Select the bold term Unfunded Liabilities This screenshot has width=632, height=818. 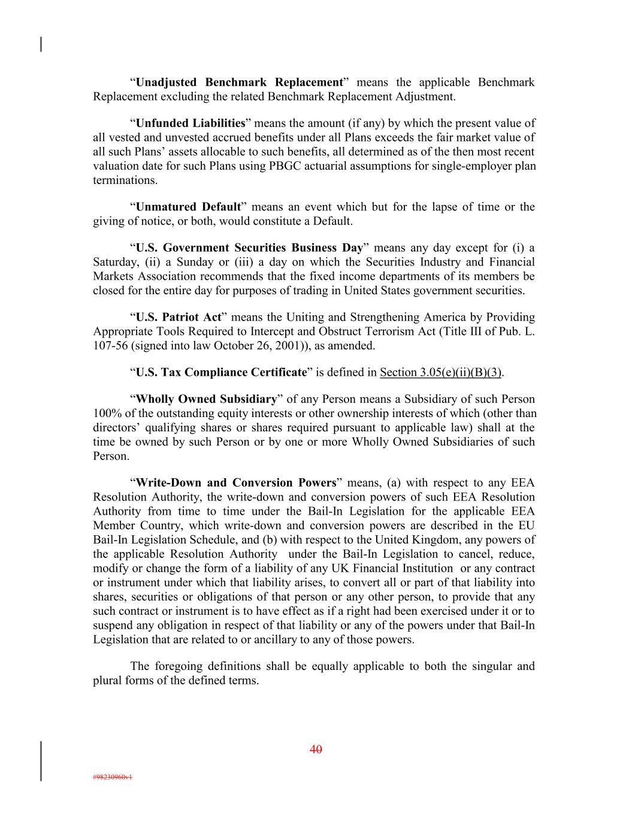tap(190, 123)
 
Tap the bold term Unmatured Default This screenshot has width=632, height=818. tap(188, 207)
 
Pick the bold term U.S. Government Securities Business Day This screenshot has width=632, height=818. tap(249, 247)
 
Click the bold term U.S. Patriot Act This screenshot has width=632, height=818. tap(179, 317)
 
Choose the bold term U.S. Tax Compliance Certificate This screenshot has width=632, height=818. tap(221, 372)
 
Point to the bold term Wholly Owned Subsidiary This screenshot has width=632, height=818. tap(207, 399)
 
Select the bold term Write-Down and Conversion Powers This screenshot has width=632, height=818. tap(236, 482)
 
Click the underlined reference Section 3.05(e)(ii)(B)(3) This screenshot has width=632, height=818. tap(441, 372)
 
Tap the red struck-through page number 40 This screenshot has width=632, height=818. tap(316, 749)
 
